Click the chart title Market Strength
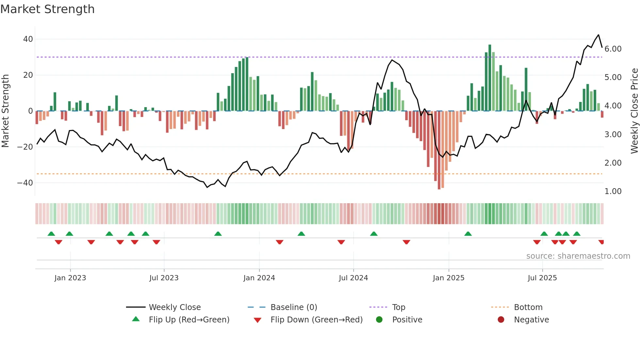click(x=48, y=9)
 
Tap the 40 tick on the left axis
click(x=28, y=39)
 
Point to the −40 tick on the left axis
click(x=25, y=183)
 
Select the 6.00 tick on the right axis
click(x=613, y=49)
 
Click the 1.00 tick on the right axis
click(x=613, y=191)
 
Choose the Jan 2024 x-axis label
click(x=259, y=278)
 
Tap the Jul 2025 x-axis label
click(x=542, y=278)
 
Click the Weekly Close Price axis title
click(x=634, y=111)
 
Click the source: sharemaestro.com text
click(x=578, y=256)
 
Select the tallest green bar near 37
click(x=490, y=78)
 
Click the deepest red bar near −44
click(x=439, y=150)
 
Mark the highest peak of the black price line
click(x=599, y=35)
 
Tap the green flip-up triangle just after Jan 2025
click(x=468, y=234)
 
